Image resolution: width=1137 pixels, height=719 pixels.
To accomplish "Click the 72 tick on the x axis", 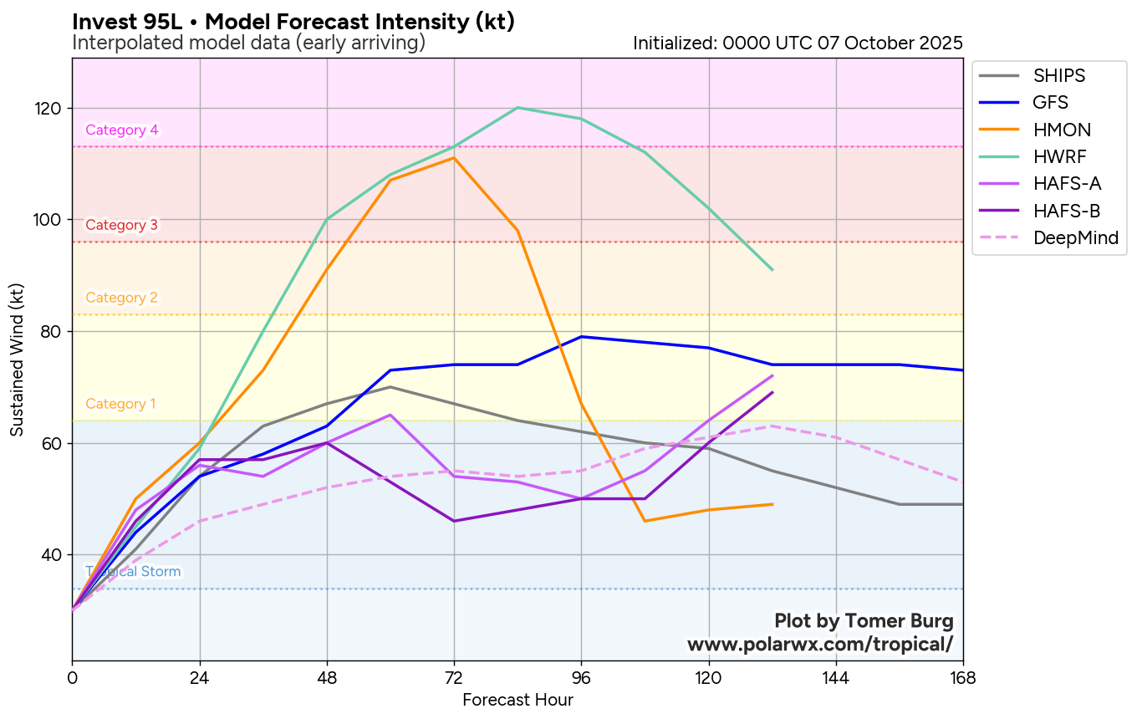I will click(x=454, y=676).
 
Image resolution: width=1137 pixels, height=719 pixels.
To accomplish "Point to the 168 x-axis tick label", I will click(x=962, y=676).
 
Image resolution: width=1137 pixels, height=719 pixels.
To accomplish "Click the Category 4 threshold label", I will click(x=122, y=130).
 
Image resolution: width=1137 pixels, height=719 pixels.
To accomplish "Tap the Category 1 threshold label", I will click(x=120, y=404).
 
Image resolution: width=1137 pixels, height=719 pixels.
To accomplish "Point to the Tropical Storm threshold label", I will click(x=133, y=572).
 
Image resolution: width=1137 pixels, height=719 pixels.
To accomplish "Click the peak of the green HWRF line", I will click(x=518, y=108).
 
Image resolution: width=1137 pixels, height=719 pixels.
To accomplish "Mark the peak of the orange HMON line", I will click(x=454, y=157).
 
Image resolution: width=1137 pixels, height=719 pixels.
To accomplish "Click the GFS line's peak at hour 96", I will click(x=581, y=337).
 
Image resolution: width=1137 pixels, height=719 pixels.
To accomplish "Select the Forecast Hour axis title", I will click(x=518, y=700).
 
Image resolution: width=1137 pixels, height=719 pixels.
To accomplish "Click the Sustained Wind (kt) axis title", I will click(x=17, y=359).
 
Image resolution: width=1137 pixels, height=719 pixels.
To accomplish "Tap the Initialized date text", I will click(x=798, y=43).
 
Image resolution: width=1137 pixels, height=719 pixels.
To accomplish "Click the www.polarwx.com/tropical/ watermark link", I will click(x=819, y=645).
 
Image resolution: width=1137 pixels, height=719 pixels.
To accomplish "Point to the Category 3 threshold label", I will click(x=121, y=225).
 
